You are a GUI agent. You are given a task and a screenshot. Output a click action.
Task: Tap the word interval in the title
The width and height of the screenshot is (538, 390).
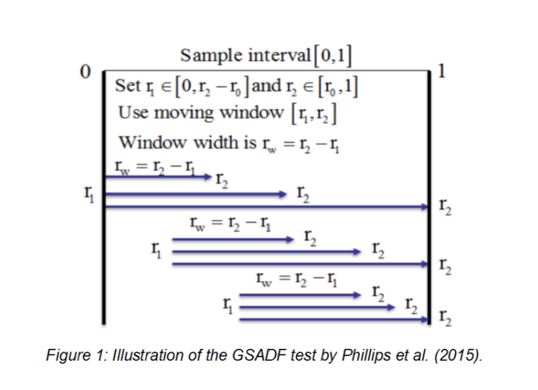pyautogui.click(x=275, y=54)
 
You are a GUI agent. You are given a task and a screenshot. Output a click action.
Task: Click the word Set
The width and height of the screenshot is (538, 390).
pyautogui.click(x=128, y=87)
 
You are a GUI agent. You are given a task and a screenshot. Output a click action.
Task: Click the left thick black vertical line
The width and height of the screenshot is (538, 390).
pyautogui.click(x=104, y=195)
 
